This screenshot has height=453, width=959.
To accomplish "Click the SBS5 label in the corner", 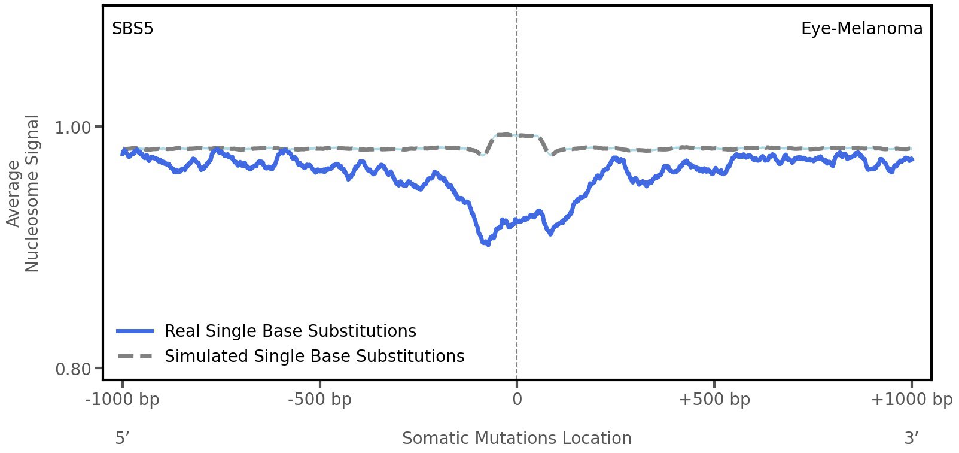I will click(133, 28).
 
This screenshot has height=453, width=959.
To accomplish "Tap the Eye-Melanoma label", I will click(861, 28).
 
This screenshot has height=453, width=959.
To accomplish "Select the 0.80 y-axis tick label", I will click(72, 368).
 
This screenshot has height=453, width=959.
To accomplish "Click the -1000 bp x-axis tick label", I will click(123, 400).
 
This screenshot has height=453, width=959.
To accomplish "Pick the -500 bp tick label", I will click(319, 400).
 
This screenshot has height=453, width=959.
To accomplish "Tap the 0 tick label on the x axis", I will click(517, 400).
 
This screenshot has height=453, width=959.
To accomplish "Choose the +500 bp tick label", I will click(714, 400).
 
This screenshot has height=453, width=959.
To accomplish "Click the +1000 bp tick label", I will click(911, 400).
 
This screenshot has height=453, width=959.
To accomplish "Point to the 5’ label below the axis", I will click(122, 439).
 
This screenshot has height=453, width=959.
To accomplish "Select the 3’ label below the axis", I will click(911, 439).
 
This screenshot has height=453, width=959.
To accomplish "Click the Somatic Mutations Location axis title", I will click(517, 439).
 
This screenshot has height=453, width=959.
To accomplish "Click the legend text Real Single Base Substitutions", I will click(290, 331).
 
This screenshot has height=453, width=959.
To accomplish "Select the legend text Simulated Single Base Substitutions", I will click(314, 356).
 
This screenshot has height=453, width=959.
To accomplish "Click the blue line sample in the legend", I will click(136, 331).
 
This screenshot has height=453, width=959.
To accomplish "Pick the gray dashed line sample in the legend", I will click(136, 357).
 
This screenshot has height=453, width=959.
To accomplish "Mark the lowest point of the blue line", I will click(488, 244).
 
